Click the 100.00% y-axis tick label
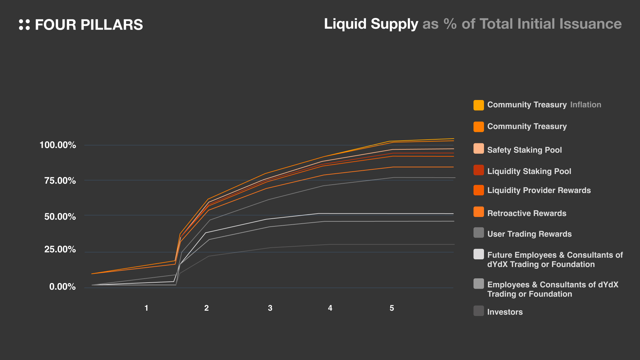tap(58, 145)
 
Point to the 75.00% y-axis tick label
tap(60, 181)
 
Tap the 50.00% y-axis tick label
tap(60, 217)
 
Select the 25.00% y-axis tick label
tap(60, 249)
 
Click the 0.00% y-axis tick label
tap(62, 287)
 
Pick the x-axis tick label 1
tap(146, 308)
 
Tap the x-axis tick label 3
tap(270, 308)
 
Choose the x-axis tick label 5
tap(392, 308)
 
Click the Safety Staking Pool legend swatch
tap(479, 149)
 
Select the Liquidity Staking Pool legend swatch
tap(479, 170)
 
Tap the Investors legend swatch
tap(479, 311)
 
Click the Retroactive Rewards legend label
tap(527, 213)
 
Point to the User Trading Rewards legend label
tap(529, 234)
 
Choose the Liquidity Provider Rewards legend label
tap(539, 190)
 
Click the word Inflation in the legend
tap(586, 105)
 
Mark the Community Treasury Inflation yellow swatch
tap(479, 105)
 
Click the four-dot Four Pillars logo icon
tap(24, 25)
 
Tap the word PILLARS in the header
tap(112, 25)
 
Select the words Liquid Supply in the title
tap(371, 24)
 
